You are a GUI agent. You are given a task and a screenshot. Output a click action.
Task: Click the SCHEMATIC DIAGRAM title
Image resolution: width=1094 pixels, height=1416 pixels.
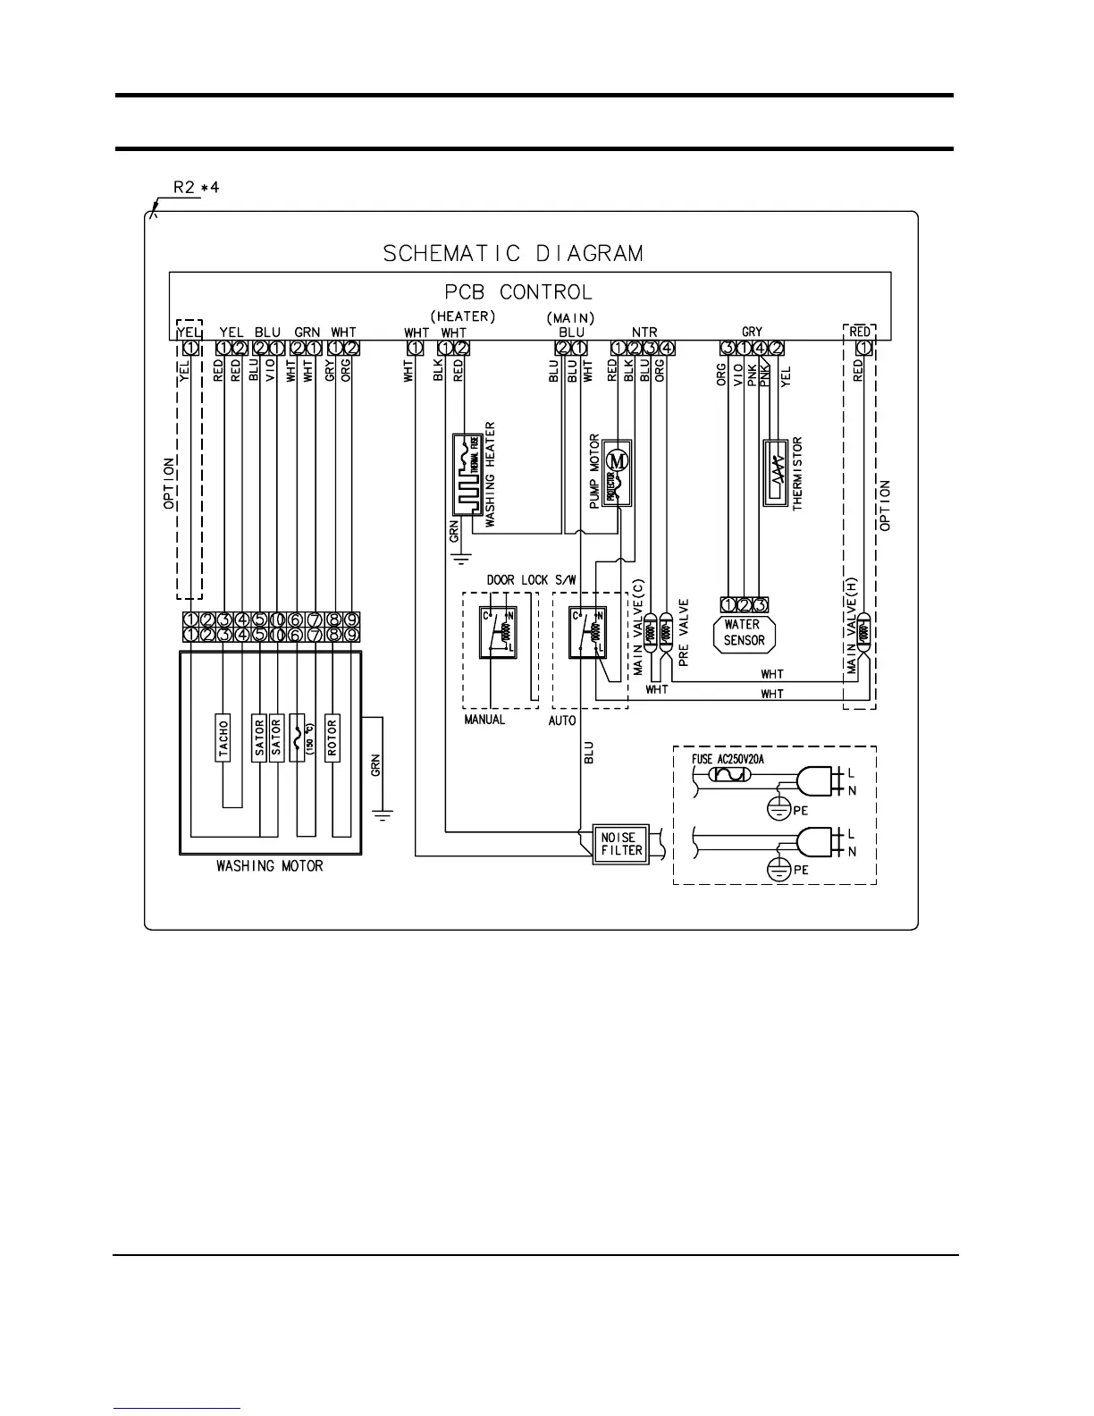(513, 254)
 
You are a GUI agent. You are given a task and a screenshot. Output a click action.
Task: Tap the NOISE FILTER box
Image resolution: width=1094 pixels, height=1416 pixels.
(621, 844)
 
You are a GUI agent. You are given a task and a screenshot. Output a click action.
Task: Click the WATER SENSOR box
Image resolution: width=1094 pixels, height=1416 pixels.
(744, 633)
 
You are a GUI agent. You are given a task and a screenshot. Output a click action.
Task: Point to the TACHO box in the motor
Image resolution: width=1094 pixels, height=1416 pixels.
(223, 737)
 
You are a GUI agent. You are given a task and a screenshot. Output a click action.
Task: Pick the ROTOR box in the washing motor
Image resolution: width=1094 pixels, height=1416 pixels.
(332, 737)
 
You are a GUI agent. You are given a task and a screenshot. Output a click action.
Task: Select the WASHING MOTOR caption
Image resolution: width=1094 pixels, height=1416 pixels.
(270, 866)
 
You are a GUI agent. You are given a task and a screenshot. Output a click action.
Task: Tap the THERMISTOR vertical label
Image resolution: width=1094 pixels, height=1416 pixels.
(798, 473)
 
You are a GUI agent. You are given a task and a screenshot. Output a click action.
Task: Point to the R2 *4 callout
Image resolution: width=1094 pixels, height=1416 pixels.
(196, 188)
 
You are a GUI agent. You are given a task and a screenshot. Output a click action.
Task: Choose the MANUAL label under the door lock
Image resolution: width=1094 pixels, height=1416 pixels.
(484, 720)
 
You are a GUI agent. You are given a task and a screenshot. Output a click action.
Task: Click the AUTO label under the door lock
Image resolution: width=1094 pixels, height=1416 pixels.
(562, 721)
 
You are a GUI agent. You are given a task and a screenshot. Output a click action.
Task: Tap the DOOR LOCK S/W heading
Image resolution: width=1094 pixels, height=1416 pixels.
(531, 579)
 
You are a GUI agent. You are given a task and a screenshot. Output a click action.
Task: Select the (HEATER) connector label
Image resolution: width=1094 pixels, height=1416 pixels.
(462, 316)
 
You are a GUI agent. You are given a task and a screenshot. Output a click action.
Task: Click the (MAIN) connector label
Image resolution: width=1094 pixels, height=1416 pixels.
(570, 317)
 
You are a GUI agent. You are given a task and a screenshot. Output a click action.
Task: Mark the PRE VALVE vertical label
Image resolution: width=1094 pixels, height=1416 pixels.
(684, 633)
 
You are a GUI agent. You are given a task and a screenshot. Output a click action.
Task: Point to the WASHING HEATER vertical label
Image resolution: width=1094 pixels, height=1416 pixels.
(490, 474)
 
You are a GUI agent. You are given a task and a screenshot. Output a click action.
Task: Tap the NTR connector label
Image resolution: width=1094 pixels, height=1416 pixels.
(644, 333)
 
